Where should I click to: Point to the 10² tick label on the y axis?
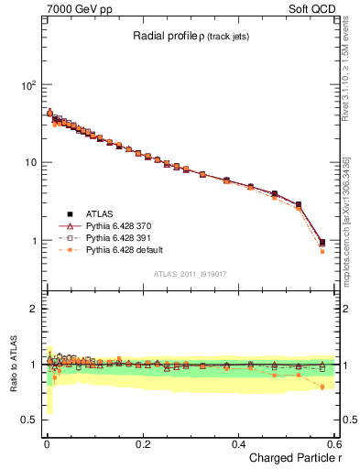pos(28,85)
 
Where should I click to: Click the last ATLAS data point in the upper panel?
pos(322,243)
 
